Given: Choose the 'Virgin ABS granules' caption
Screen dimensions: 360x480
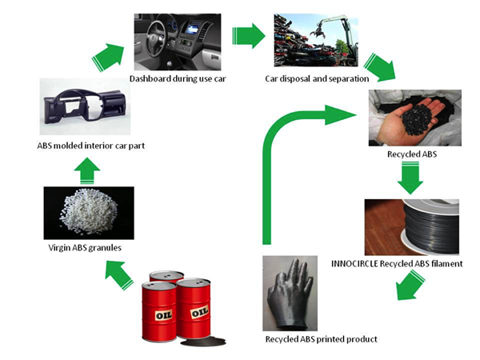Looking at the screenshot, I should coord(82,248).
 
